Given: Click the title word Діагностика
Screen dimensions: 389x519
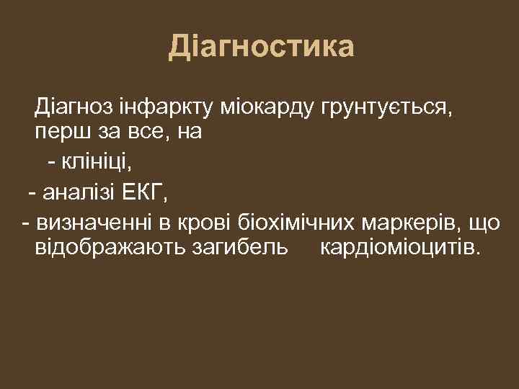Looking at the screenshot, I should (x=262, y=48).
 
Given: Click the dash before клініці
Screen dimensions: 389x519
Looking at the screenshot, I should (x=51, y=164).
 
